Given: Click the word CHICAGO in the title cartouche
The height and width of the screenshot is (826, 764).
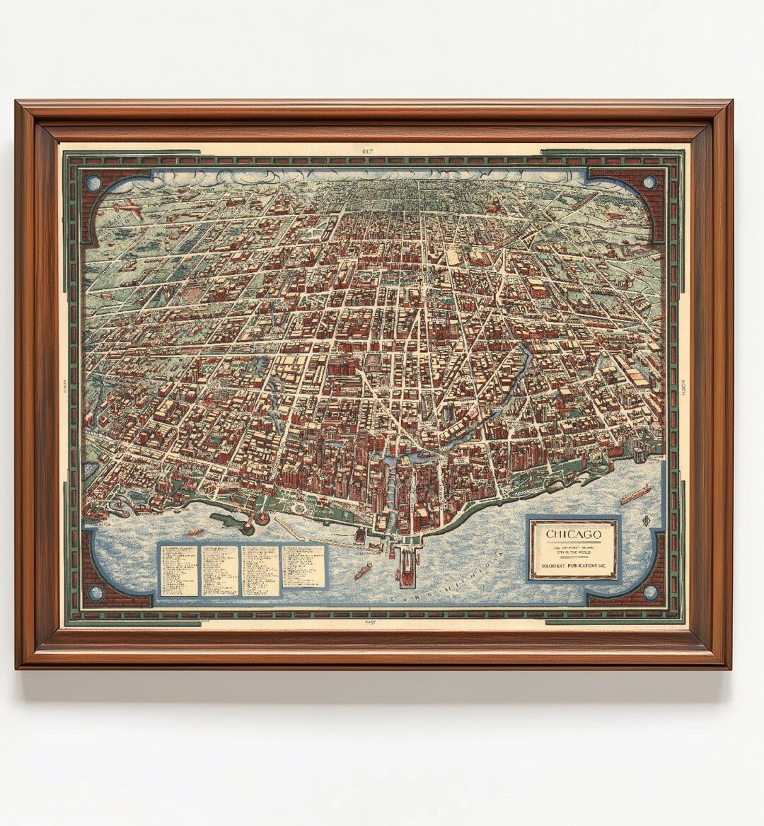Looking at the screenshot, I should tap(573, 534).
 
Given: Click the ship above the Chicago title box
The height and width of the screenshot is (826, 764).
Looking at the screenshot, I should tap(635, 494).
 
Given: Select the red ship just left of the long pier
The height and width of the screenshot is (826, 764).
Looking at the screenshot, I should tap(363, 570).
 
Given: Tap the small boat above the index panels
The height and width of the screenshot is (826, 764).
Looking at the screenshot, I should tap(195, 532).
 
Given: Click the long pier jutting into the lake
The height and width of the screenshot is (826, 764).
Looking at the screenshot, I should tap(410, 566).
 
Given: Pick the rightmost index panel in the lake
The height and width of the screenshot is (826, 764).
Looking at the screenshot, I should tap(304, 566).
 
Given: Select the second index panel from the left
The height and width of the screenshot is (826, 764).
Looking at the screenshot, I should tap(220, 570).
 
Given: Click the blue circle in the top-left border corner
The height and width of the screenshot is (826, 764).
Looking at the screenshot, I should tap(93, 182).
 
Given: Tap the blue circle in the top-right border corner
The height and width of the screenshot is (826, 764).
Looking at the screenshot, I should tap(649, 182).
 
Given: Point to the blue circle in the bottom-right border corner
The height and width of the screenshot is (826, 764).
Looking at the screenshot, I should tap(649, 591).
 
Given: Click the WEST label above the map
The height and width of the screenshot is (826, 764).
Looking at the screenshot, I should tap(366, 151).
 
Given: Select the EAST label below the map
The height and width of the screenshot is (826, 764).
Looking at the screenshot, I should tap(369, 622).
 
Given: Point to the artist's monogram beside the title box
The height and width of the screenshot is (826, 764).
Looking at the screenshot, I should tap(644, 523).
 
